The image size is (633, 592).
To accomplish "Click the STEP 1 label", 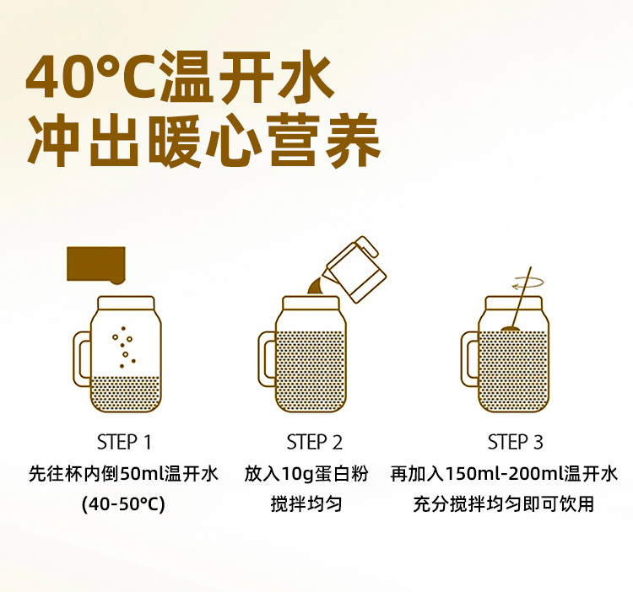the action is [x=124, y=442].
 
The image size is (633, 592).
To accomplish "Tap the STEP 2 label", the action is [x=315, y=442].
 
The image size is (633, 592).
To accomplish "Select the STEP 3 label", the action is [x=515, y=442].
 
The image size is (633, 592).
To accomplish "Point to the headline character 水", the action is [x=304, y=76].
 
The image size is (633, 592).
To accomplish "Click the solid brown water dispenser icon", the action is [x=96, y=265].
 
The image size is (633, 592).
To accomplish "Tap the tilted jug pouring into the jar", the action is [x=355, y=269].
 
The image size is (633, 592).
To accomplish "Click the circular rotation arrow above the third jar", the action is [x=527, y=283].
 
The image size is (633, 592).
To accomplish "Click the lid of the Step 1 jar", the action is [x=126, y=303].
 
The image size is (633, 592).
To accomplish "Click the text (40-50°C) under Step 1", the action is [x=123, y=504].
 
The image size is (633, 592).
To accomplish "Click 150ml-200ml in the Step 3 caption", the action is [x=504, y=473].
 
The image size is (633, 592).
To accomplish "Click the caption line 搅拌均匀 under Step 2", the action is [x=306, y=504].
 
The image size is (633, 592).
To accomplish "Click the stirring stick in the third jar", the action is [x=521, y=298].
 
